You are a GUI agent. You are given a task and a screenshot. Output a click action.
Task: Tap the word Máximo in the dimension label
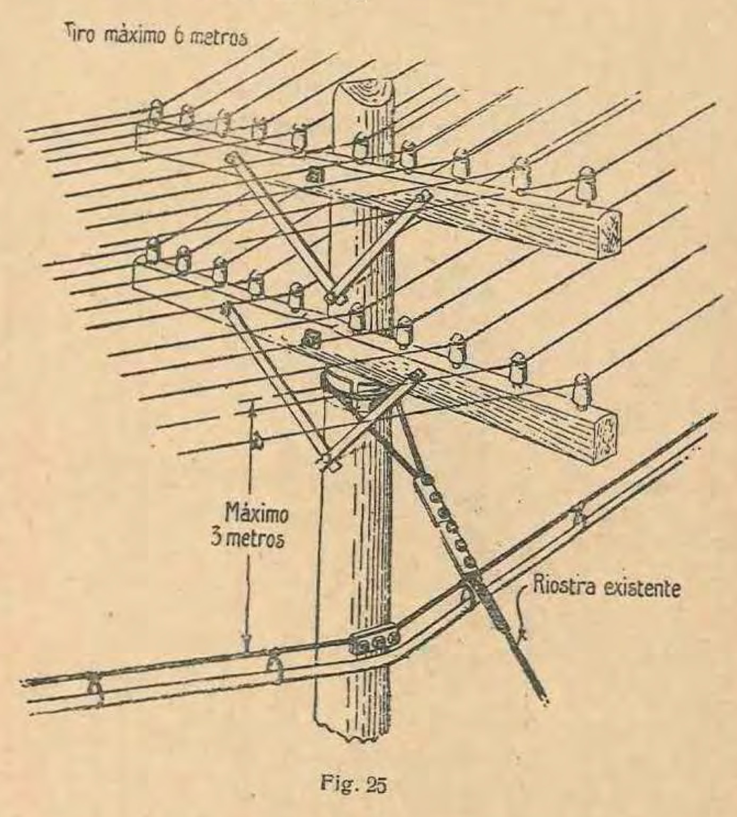click(x=257, y=514)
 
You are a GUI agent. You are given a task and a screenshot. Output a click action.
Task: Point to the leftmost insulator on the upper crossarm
click(x=155, y=111)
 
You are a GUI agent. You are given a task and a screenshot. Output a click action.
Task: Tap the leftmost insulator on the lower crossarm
click(x=153, y=250)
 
